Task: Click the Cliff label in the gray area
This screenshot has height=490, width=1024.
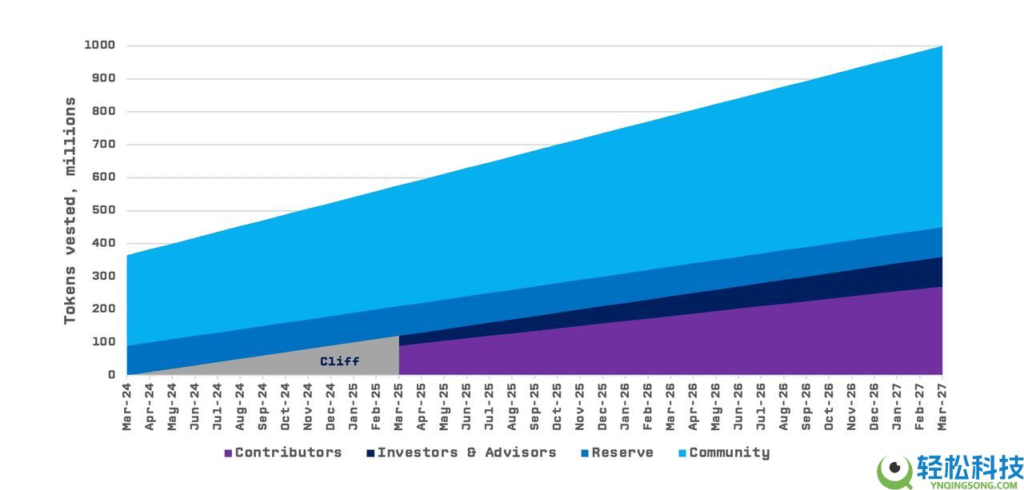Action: click(339, 361)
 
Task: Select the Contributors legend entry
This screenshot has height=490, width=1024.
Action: click(288, 452)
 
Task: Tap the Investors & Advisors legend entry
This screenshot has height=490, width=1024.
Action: click(466, 452)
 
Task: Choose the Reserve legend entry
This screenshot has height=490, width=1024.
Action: click(622, 452)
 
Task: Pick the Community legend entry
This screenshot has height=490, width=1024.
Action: click(729, 452)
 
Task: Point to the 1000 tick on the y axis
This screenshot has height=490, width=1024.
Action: click(100, 46)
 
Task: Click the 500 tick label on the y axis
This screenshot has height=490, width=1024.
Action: click(104, 210)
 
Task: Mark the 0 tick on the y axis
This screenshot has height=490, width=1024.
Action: click(112, 374)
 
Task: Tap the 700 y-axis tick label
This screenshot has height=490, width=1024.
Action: click(104, 145)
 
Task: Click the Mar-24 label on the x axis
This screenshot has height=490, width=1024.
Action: click(126, 407)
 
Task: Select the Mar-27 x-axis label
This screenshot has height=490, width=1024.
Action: click(942, 407)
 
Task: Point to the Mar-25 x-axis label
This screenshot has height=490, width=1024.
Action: click(398, 407)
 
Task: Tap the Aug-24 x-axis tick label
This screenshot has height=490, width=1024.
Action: click(240, 407)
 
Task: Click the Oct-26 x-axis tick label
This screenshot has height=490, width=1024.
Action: click(829, 407)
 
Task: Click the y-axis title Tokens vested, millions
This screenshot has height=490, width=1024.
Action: click(70, 210)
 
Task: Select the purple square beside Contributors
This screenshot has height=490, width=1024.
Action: click(228, 453)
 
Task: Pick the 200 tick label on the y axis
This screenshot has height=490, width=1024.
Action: click(104, 309)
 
